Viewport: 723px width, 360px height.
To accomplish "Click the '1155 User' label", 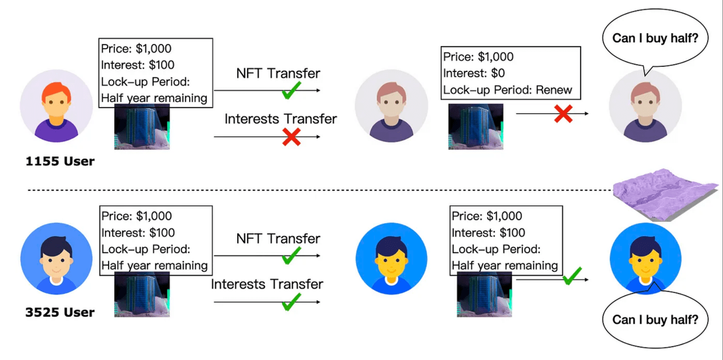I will [x=60, y=162].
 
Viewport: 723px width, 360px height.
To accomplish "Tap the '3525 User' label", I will [x=60, y=313].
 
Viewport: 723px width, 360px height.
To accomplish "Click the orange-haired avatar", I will [x=56, y=106].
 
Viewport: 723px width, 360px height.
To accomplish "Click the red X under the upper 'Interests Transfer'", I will [x=291, y=137].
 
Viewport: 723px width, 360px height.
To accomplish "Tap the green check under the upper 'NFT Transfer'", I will [x=291, y=90].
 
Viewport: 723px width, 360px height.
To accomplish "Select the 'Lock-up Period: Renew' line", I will [x=508, y=90].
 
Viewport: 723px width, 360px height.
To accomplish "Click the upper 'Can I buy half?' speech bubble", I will [x=652, y=39].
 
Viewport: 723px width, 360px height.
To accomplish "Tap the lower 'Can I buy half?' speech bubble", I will [x=655, y=319].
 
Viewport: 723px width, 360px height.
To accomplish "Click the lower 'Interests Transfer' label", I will [x=267, y=284].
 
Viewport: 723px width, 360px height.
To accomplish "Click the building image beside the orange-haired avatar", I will [x=142, y=127].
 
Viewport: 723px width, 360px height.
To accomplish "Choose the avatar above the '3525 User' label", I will [x=56, y=259].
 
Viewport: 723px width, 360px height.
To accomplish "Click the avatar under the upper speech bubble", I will [x=645, y=106].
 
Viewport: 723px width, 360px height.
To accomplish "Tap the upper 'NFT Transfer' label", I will [x=278, y=74].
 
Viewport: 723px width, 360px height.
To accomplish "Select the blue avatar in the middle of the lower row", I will [x=391, y=259].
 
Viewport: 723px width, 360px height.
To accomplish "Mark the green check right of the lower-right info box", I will [x=572, y=277].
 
